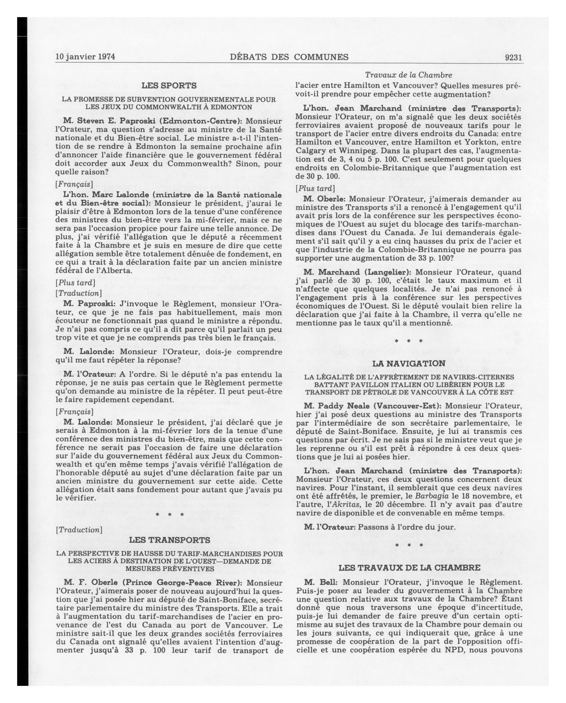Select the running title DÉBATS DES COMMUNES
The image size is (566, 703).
coord(289,57)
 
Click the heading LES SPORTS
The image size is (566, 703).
coord(169,86)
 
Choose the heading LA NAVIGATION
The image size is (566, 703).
coord(409,364)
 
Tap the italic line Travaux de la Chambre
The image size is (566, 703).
coord(408,75)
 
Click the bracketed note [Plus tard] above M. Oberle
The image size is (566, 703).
coord(315,189)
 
